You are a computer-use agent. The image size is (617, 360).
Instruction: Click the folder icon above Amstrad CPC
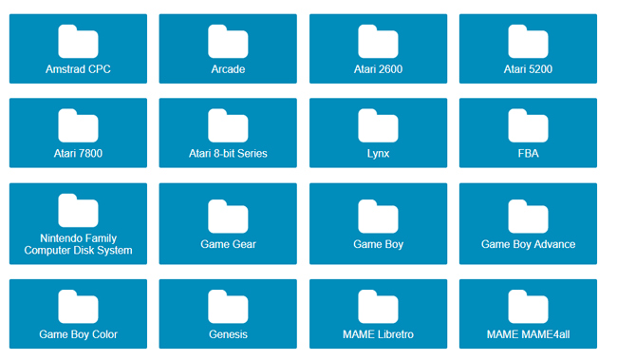click(x=78, y=41)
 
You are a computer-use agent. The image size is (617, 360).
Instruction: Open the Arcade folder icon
click(x=228, y=41)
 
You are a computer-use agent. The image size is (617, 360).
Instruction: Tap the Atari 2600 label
click(x=378, y=69)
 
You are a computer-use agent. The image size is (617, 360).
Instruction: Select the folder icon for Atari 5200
click(x=528, y=41)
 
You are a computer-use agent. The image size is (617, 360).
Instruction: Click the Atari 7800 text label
click(x=78, y=154)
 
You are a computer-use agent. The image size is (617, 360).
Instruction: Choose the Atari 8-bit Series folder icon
click(x=228, y=125)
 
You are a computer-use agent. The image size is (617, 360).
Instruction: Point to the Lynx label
click(x=378, y=154)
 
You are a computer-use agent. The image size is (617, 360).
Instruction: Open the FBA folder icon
click(x=528, y=125)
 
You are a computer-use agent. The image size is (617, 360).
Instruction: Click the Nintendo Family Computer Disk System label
click(x=78, y=244)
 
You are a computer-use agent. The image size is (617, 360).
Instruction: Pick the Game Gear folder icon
click(x=228, y=216)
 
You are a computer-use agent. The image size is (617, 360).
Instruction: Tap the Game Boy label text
click(x=378, y=244)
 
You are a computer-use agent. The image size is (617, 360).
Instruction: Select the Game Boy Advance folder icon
click(x=528, y=216)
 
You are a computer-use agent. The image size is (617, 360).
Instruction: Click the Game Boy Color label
click(x=78, y=334)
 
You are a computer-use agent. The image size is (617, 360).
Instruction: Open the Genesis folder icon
click(x=228, y=306)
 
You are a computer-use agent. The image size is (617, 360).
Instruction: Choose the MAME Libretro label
click(x=378, y=334)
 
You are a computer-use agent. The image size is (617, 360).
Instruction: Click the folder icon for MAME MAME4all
click(x=528, y=306)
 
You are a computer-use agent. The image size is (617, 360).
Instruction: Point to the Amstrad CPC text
click(x=78, y=69)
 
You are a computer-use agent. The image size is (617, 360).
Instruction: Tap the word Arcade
click(x=228, y=69)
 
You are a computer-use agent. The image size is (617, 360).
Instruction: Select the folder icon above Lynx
click(x=378, y=125)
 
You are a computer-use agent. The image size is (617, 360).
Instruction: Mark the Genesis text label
click(x=228, y=334)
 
